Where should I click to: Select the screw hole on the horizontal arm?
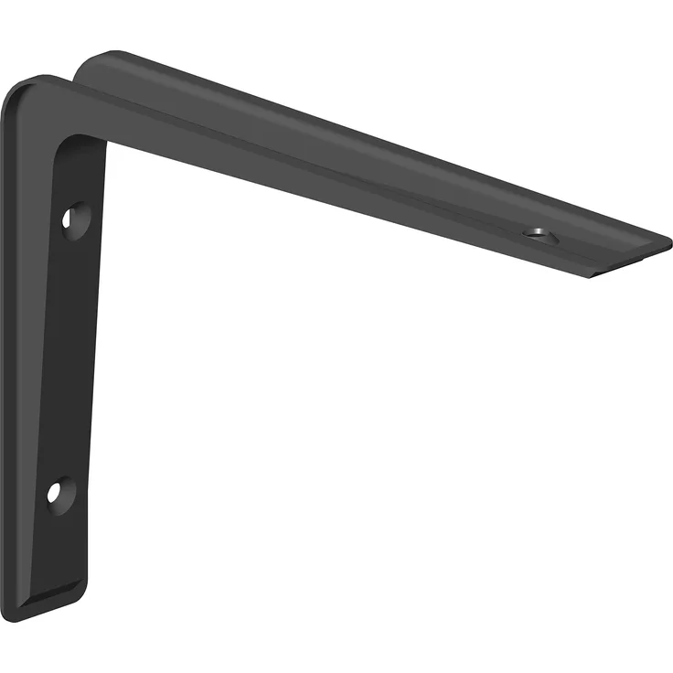tap(539, 235)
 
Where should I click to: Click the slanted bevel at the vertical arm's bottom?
tap(64, 594)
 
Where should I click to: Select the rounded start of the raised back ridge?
tap(91, 64)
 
